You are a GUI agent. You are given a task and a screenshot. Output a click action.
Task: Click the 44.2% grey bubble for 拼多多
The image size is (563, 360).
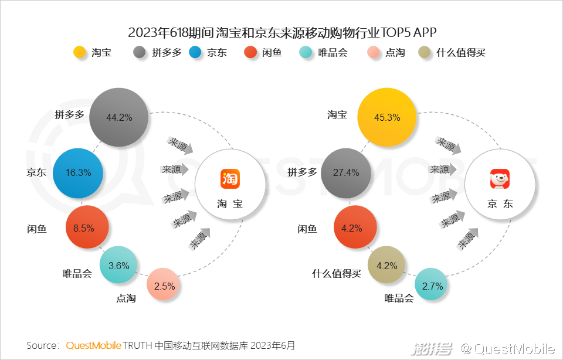(119, 117)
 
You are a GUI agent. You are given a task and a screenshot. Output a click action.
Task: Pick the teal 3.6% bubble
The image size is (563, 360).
(118, 265)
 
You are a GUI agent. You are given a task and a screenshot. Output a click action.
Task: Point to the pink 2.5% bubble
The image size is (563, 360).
(164, 286)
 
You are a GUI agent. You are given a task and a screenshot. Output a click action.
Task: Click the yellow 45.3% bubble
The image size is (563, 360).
(386, 117)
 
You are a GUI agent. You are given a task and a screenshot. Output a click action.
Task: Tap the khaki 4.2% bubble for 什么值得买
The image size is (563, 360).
(386, 265)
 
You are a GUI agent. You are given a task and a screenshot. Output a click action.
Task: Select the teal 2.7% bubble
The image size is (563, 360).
(433, 286)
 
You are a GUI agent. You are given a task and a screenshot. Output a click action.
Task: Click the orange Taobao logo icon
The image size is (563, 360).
(230, 178)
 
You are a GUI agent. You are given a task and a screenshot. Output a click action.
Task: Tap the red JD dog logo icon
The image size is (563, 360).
(500, 178)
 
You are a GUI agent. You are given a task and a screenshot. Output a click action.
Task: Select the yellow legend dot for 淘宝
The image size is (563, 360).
(80, 52)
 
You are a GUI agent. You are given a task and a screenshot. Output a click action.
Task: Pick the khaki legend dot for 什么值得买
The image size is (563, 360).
(425, 52)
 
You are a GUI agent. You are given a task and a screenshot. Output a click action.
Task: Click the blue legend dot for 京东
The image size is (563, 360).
(195, 52)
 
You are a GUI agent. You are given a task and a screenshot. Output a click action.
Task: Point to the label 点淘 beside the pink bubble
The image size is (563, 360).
(126, 298)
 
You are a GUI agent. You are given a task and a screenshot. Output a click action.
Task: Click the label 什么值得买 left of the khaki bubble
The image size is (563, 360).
(336, 273)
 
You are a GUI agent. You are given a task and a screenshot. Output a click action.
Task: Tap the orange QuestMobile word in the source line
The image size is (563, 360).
(93, 345)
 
